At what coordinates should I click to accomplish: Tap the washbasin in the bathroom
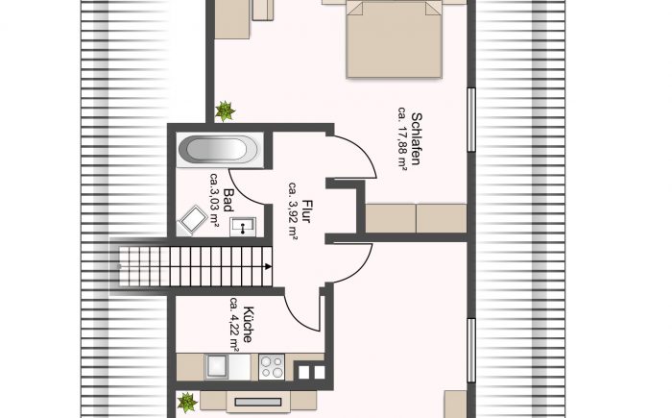click(243, 226)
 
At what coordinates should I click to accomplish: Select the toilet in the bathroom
click(192, 220)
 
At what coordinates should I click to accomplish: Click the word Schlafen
click(416, 139)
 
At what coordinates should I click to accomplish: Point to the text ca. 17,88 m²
click(402, 139)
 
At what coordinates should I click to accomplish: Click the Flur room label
click(306, 211)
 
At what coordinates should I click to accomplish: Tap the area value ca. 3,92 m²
click(294, 211)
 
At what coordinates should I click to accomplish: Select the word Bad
click(228, 201)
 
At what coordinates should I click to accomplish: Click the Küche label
click(248, 325)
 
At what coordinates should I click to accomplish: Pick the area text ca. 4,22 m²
click(234, 325)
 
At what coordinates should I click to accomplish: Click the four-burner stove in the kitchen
click(272, 367)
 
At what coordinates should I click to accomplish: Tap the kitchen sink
click(216, 367)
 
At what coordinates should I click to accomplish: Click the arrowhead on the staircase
click(268, 266)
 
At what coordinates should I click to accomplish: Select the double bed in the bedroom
click(394, 39)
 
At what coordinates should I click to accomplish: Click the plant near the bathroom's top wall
click(225, 111)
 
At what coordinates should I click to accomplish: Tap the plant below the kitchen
click(187, 403)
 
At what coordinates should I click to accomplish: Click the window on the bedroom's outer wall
click(471, 120)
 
